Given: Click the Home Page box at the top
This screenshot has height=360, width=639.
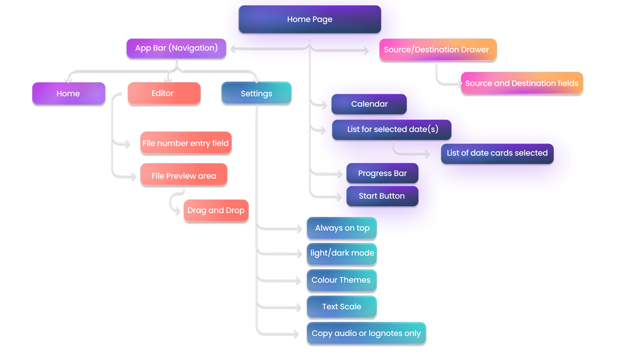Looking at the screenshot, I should (310, 19).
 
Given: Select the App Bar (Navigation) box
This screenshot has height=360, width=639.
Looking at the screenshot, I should (176, 48).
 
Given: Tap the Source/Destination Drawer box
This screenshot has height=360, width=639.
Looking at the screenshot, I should (437, 50).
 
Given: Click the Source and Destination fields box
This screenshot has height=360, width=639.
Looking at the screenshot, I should (522, 83).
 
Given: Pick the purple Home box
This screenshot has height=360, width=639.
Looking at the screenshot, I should (68, 94).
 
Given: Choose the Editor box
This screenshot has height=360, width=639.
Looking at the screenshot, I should (164, 93).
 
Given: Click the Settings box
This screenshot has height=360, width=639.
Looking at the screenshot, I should (256, 93).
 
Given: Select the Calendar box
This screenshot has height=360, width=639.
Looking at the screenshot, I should (369, 104).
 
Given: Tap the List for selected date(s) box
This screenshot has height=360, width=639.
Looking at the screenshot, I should (392, 130).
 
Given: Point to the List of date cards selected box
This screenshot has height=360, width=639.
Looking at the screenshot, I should (497, 153).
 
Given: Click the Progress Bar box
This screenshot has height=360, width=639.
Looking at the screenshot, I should (382, 173).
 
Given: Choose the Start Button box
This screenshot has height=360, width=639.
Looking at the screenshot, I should (382, 196).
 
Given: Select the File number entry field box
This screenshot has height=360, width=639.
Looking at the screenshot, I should (185, 143).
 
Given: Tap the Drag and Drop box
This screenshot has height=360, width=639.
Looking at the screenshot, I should (216, 211).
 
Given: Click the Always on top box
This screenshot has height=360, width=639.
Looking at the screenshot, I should (342, 228).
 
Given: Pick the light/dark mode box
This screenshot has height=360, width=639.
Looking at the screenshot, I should (342, 253).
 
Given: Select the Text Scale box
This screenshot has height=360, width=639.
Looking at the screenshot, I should (342, 307).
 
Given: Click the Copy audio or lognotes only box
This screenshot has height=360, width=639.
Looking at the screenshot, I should (366, 334).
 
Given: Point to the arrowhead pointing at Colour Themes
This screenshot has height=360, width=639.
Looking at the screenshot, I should (299, 280).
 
